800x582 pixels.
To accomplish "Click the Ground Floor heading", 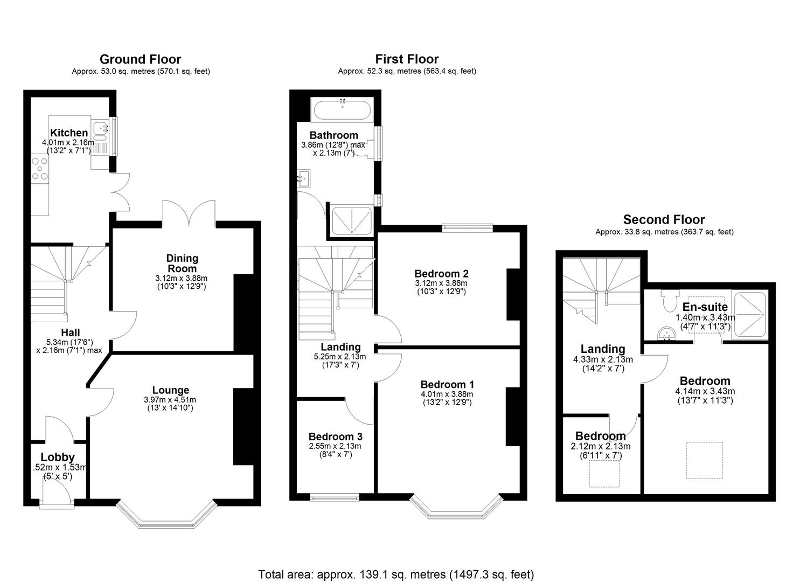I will click(x=140, y=59).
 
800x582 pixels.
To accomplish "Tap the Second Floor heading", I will click(x=664, y=219).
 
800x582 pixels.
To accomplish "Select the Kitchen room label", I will click(x=69, y=133).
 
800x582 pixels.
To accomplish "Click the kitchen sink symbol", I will click(x=100, y=129).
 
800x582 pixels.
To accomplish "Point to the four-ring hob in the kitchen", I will click(x=39, y=167).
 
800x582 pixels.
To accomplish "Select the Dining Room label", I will click(x=182, y=263).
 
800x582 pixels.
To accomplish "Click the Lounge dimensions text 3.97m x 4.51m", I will click(x=170, y=400).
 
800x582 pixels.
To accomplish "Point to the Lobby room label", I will click(x=58, y=458).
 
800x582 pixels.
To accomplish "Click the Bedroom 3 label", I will click(x=335, y=436).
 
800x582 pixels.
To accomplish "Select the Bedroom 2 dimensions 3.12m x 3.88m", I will click(x=441, y=283).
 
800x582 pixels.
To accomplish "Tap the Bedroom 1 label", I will click(x=447, y=384).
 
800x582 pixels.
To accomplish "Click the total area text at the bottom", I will click(x=396, y=574).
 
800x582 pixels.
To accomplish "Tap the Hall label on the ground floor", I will click(x=71, y=333).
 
